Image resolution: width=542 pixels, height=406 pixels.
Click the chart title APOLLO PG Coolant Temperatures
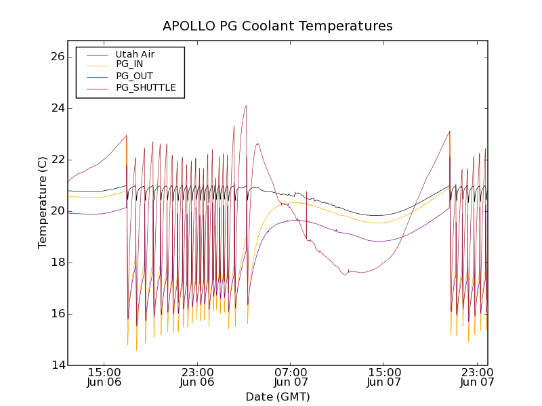[277, 26]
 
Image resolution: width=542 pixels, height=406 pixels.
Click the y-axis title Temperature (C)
[43, 202]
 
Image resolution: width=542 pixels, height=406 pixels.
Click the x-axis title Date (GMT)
[277, 397]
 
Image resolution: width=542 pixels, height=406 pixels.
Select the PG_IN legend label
[129, 64]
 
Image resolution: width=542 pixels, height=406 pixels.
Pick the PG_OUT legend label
[133, 76]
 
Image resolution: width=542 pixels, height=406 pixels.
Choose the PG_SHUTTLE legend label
[146, 87]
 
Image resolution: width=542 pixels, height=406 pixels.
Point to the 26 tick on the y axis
[56, 57]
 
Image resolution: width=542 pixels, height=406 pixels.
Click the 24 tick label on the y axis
[56, 108]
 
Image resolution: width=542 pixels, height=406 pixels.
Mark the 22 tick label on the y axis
[56, 160]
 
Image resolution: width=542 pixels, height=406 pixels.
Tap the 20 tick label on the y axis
[56, 211]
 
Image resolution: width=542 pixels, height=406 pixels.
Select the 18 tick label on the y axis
[56, 263]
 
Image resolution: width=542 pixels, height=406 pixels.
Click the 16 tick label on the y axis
[56, 314]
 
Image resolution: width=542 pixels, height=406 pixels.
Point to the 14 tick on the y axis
[56, 365]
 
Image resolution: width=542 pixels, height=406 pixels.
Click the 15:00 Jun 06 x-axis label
[104, 377]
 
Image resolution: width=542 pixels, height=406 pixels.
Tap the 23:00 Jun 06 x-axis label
[197, 377]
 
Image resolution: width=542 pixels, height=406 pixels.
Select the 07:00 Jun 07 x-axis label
[291, 377]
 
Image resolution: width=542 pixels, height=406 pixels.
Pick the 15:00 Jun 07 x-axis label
[383, 377]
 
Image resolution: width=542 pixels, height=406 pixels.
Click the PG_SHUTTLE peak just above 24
[246, 105]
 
